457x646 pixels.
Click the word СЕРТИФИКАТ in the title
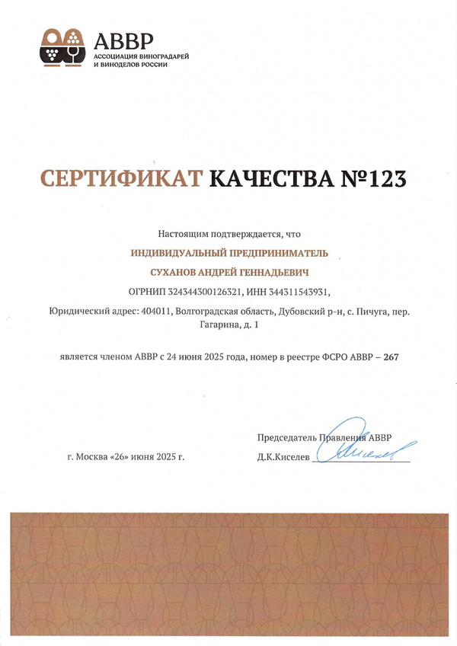(120, 178)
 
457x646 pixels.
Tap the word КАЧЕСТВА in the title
(270, 178)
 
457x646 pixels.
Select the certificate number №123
(374, 178)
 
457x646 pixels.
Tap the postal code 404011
(156, 311)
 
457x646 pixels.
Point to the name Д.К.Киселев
(284, 457)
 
